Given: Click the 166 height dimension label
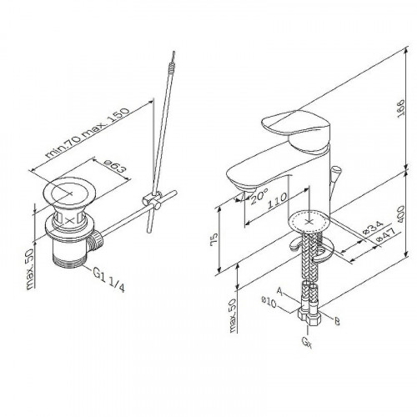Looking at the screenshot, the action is point(401,108).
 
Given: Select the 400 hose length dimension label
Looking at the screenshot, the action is point(401,214).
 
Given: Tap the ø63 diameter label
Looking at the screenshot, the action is point(113,165).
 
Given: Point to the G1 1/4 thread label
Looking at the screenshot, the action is point(108,280).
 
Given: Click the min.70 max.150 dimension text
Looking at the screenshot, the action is point(88,133).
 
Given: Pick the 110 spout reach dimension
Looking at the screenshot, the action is point(277,201).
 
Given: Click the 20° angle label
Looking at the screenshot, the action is point(259,196).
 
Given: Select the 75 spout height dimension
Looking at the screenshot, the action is point(214,239).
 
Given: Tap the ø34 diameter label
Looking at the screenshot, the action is point(374,227).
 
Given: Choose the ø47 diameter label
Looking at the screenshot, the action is point(385,235).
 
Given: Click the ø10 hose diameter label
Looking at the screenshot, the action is point(269,303).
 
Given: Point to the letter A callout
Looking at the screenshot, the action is point(280,291).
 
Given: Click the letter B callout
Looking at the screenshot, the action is point(337,321).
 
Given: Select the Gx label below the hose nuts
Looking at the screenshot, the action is point(307,343).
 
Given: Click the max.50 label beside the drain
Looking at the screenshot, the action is point(30,269).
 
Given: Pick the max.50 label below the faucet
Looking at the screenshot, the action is point(233,315).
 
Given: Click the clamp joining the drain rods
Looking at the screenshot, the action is point(153,200).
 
